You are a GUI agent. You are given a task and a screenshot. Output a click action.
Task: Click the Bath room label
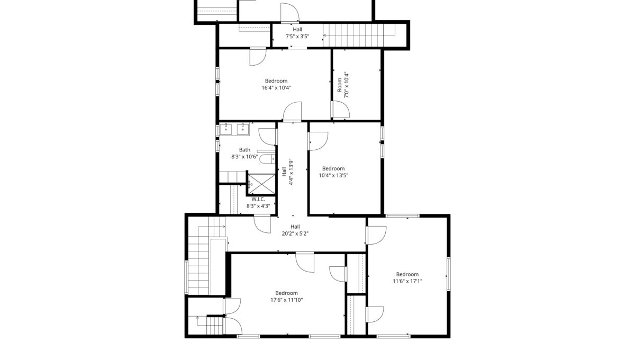244,150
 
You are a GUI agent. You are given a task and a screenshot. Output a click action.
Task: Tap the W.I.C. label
258,199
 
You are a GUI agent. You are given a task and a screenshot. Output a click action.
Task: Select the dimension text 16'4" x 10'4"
276,88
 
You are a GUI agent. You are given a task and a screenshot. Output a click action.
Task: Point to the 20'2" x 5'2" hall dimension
295,234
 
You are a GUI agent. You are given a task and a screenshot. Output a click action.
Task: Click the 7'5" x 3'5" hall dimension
297,37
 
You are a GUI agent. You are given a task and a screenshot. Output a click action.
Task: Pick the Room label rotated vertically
339,85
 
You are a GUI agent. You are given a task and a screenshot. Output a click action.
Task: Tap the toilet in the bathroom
267,159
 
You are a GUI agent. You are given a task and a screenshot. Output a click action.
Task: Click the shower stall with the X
261,184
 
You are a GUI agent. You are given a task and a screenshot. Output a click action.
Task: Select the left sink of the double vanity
226,129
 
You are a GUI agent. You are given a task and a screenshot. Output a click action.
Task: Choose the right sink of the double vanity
243,129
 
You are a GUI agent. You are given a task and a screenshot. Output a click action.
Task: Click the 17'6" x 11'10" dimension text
287,300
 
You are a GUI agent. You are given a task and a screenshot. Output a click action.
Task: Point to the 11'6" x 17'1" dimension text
407,281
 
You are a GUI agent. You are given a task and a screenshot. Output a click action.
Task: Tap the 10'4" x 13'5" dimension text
333,175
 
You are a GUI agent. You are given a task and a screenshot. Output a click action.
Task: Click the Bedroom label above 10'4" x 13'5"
333,168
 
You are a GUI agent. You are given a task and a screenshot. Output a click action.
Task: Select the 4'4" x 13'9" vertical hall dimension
291,172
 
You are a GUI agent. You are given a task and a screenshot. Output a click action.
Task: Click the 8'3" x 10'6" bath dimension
244,157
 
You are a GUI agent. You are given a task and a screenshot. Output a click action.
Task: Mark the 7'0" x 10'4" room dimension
347,85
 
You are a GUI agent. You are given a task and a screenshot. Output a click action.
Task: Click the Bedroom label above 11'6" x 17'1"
407,274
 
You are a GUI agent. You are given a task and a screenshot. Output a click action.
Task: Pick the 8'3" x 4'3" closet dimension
258,206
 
